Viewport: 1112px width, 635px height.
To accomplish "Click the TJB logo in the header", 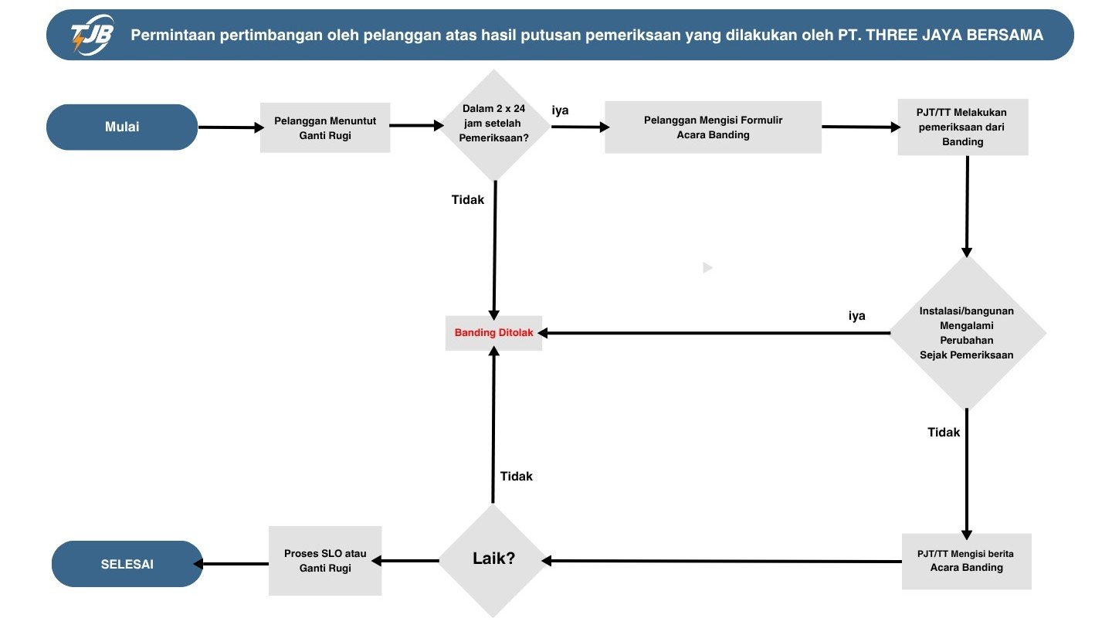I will coord(92,36).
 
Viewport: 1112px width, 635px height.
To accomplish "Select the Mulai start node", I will coord(122,127).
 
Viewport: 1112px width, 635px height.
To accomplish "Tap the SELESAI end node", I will coord(127,564).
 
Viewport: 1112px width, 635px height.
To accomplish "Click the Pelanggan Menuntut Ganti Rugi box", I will coord(325,127).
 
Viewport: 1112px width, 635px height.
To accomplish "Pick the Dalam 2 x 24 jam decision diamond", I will coord(494,126).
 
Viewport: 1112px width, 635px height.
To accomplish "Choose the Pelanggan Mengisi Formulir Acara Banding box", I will coord(713,127).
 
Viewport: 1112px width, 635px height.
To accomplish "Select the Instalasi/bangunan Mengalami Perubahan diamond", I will coord(967,333).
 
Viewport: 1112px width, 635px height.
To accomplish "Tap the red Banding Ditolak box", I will coord(493,333).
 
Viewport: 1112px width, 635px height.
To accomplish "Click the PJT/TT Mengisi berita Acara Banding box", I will coord(966,561).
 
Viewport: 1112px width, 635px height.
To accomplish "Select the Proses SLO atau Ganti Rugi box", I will coord(325,561).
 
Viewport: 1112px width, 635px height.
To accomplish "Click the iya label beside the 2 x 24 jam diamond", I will coord(560,110).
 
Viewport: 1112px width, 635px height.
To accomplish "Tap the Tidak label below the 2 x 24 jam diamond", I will coord(468,199).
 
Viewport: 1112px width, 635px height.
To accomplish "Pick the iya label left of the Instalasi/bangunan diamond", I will coord(857,315).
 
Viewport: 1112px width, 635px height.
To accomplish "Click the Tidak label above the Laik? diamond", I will coord(517,476).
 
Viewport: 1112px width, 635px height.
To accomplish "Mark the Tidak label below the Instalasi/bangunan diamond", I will coord(944,432).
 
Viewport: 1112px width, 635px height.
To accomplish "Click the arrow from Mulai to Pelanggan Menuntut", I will coord(230,127).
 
